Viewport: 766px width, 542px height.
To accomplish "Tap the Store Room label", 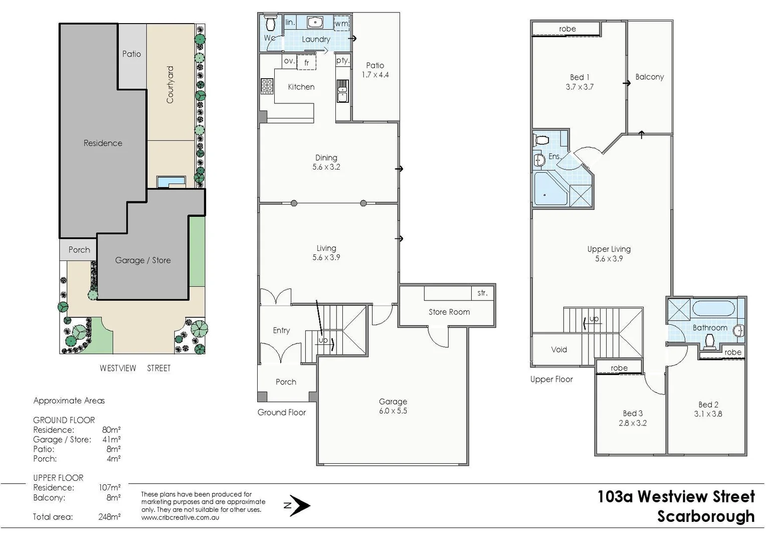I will tap(449, 312).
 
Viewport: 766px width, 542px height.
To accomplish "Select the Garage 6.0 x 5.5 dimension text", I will tap(393, 411).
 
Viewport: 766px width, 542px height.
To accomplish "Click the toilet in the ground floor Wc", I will tap(271, 23).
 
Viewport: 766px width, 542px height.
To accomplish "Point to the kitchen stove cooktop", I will tap(267, 86).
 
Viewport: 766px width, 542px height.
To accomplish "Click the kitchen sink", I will tap(342, 91).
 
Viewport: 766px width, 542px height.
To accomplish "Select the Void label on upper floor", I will tap(559, 350).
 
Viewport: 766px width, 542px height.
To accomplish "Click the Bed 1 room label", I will tap(580, 77).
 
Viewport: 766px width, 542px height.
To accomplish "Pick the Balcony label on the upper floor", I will tap(649, 77).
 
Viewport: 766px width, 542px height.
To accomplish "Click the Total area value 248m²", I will tap(109, 517).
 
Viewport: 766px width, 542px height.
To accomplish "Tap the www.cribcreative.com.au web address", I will tap(180, 517).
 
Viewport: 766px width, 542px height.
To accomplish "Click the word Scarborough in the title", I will tap(705, 516).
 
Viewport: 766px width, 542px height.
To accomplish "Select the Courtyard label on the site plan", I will tap(170, 85).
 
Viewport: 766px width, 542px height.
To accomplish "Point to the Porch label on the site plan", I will tap(79, 250).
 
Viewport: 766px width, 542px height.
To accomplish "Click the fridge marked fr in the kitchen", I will tap(307, 63).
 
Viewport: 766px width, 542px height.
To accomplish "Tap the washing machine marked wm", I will tap(341, 24).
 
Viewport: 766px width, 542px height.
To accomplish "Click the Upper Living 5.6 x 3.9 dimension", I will tap(609, 259).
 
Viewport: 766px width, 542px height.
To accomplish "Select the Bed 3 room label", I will tap(633, 414).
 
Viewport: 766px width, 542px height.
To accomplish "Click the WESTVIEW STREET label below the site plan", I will tap(135, 368).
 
